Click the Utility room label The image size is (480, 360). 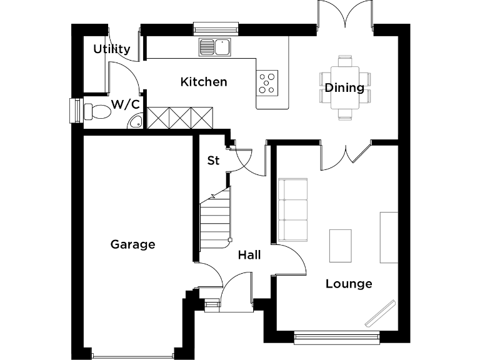pos(112,49)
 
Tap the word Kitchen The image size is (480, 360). pos(204,82)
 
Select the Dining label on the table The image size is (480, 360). pos(344,87)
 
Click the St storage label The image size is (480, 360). pos(213,161)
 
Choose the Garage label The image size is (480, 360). pos(132,244)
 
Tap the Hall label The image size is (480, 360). pos(249,255)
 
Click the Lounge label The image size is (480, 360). pos(349,284)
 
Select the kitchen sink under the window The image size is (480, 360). pos(214,46)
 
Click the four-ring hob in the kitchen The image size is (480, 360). pos(267,82)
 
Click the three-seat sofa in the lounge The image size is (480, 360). pos(292,210)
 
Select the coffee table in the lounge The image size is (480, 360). pos(341,246)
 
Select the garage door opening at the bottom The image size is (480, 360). pos(132,354)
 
